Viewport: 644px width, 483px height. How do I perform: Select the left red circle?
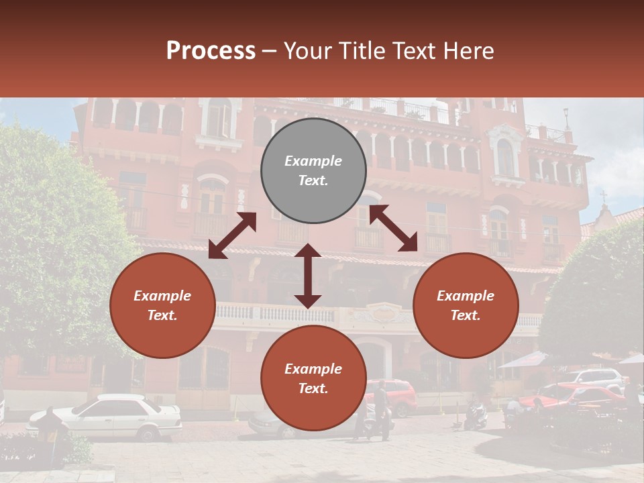[x=162, y=305]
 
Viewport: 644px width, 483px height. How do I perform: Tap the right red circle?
[x=466, y=305]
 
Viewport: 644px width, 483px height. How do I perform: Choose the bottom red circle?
[x=313, y=378]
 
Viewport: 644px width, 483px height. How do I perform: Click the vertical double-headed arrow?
[x=308, y=276]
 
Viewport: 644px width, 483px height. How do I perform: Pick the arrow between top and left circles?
[x=233, y=235]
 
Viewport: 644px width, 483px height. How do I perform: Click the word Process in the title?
[x=211, y=51]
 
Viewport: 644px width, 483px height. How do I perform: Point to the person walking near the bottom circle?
[x=380, y=409]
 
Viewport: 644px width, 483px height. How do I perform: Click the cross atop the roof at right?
[x=603, y=197]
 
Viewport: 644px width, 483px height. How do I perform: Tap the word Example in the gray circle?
[x=313, y=161]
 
